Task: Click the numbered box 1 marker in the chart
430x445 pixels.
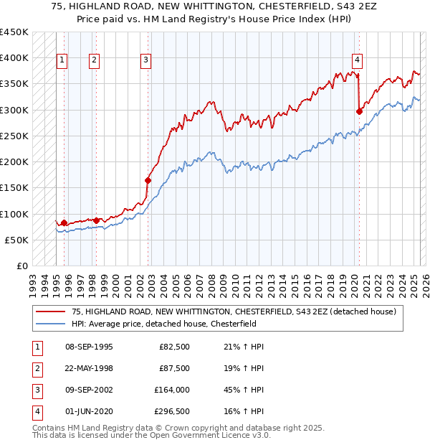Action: tap(62, 60)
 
